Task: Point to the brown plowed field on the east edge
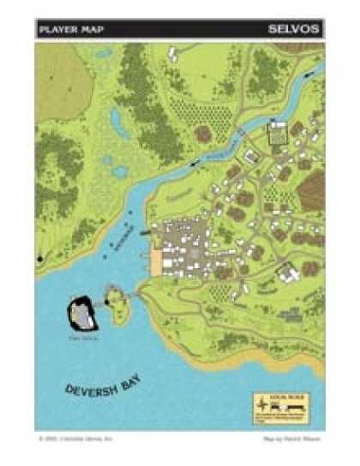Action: tap(312, 189)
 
